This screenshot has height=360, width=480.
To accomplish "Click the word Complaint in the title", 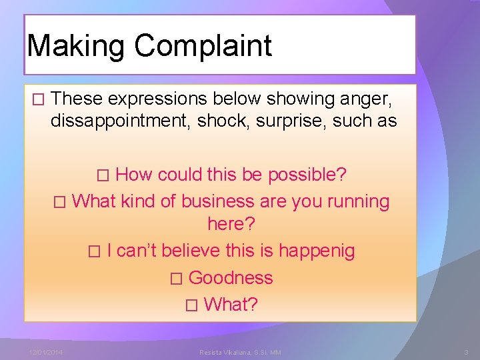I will [203, 45].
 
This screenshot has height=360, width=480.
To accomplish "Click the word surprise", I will [293, 121].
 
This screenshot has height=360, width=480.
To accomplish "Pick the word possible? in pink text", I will [307, 175].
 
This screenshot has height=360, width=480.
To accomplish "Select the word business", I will [218, 201].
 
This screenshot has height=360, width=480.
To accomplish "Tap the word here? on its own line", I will [232, 225].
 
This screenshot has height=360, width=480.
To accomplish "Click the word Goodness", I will [231, 277].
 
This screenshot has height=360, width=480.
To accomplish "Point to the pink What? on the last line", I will [231, 304].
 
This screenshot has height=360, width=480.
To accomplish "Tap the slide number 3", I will [467, 351].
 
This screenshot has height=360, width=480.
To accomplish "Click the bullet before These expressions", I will [37, 99].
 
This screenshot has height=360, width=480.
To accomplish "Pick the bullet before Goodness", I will [175, 278].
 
